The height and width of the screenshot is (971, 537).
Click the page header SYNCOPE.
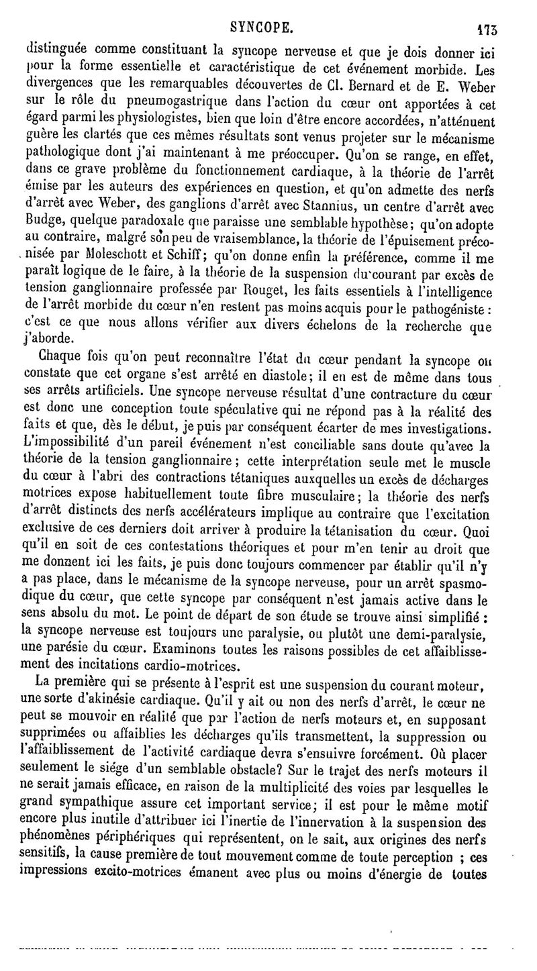[x=260, y=28]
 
